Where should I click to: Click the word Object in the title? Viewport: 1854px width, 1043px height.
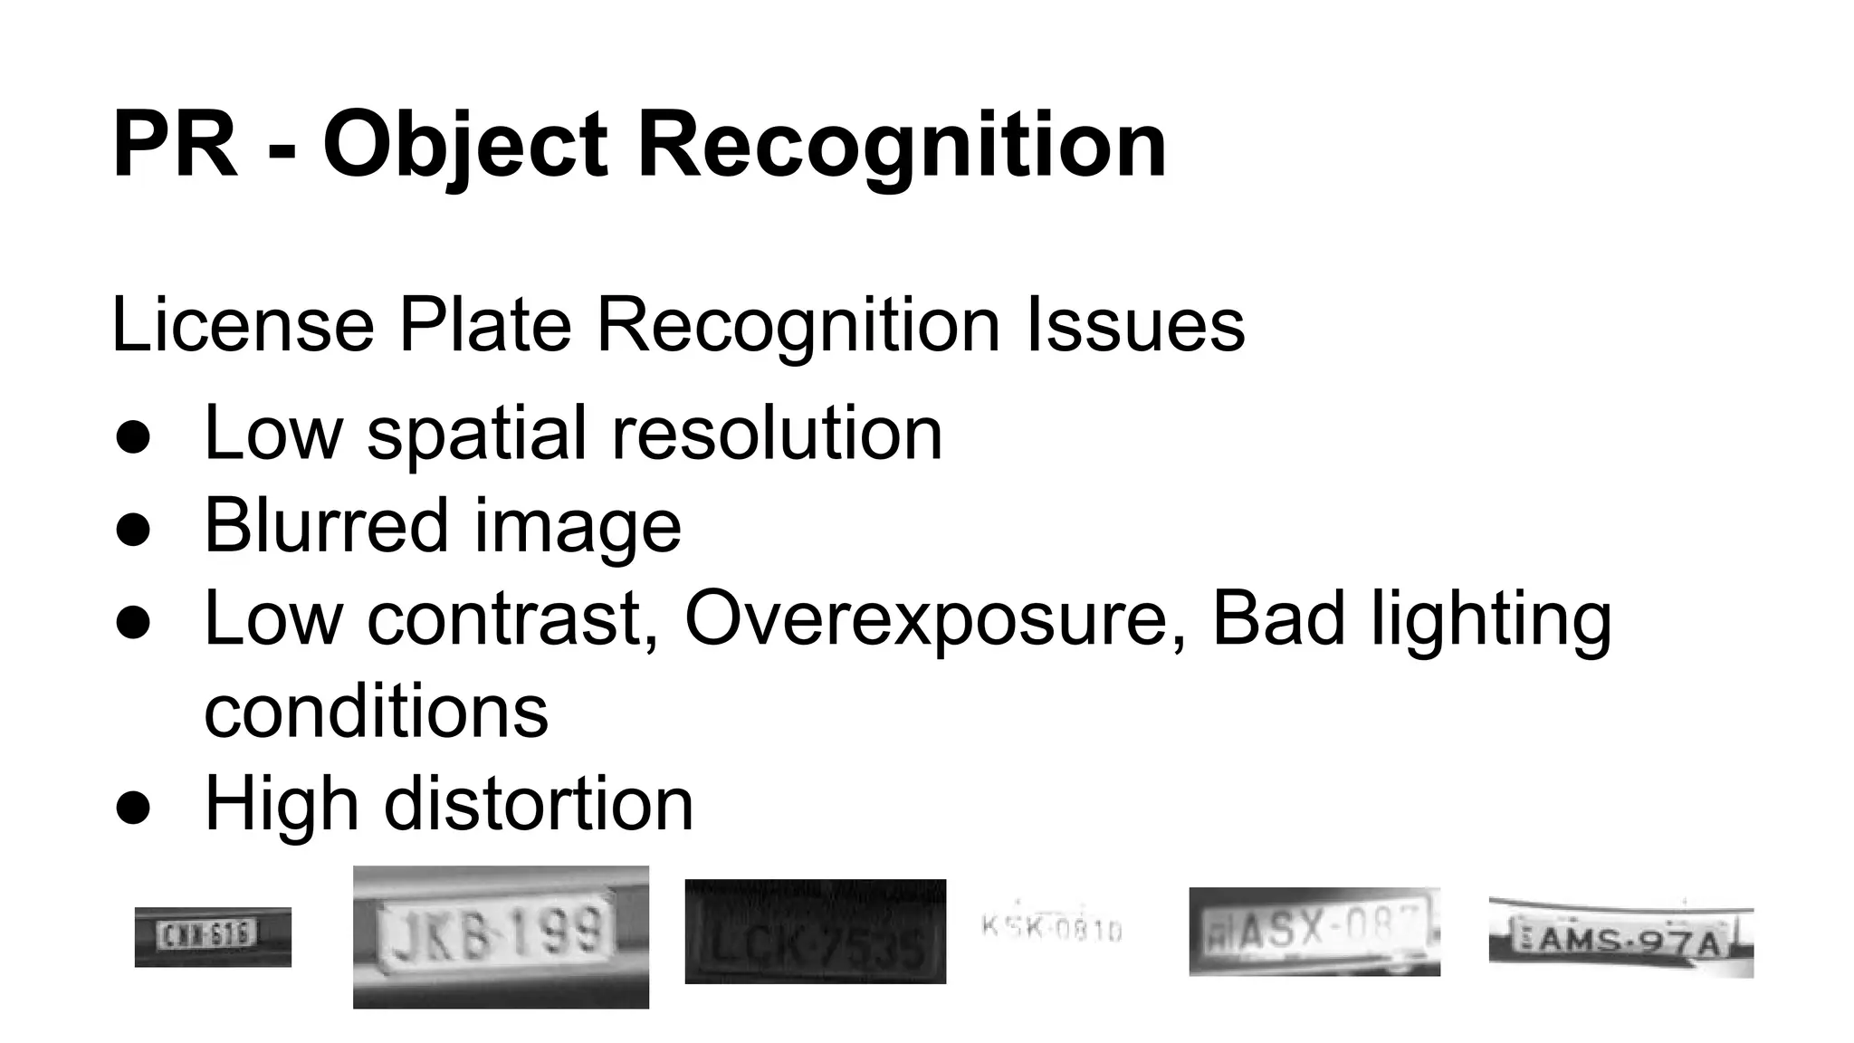point(464,146)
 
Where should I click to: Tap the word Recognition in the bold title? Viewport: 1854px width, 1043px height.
point(902,146)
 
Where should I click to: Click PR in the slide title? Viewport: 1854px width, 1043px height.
point(176,146)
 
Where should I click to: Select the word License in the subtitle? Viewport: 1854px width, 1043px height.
point(243,325)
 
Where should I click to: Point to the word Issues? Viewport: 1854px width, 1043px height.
point(1135,325)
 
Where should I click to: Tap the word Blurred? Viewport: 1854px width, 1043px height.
point(326,525)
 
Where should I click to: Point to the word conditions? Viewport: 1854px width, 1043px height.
point(376,712)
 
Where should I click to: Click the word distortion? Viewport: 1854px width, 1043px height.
point(539,804)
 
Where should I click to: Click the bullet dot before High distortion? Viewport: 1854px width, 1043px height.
point(133,808)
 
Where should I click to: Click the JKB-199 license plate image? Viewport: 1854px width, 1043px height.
point(501,936)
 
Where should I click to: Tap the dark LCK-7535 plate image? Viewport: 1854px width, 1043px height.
point(815,931)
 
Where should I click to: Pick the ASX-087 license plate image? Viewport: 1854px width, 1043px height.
point(1314,931)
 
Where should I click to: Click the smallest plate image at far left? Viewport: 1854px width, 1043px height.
point(213,936)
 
